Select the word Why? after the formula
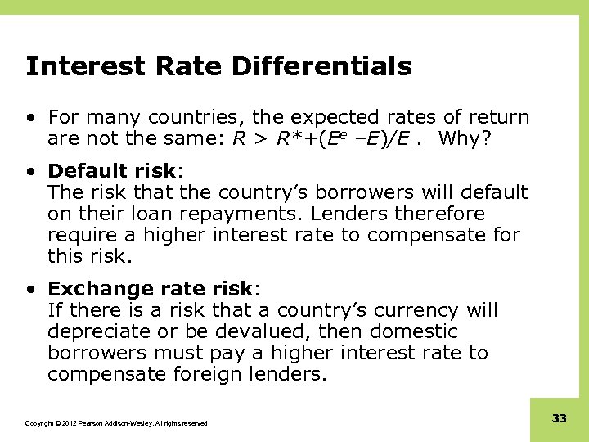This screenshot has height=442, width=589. click(x=465, y=138)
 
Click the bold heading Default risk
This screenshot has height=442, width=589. click(x=111, y=171)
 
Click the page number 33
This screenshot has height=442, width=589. click(x=560, y=418)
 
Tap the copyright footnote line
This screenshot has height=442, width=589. click(x=117, y=423)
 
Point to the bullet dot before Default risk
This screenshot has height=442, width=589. click(x=29, y=172)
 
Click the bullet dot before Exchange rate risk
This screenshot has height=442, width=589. click(x=29, y=290)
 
